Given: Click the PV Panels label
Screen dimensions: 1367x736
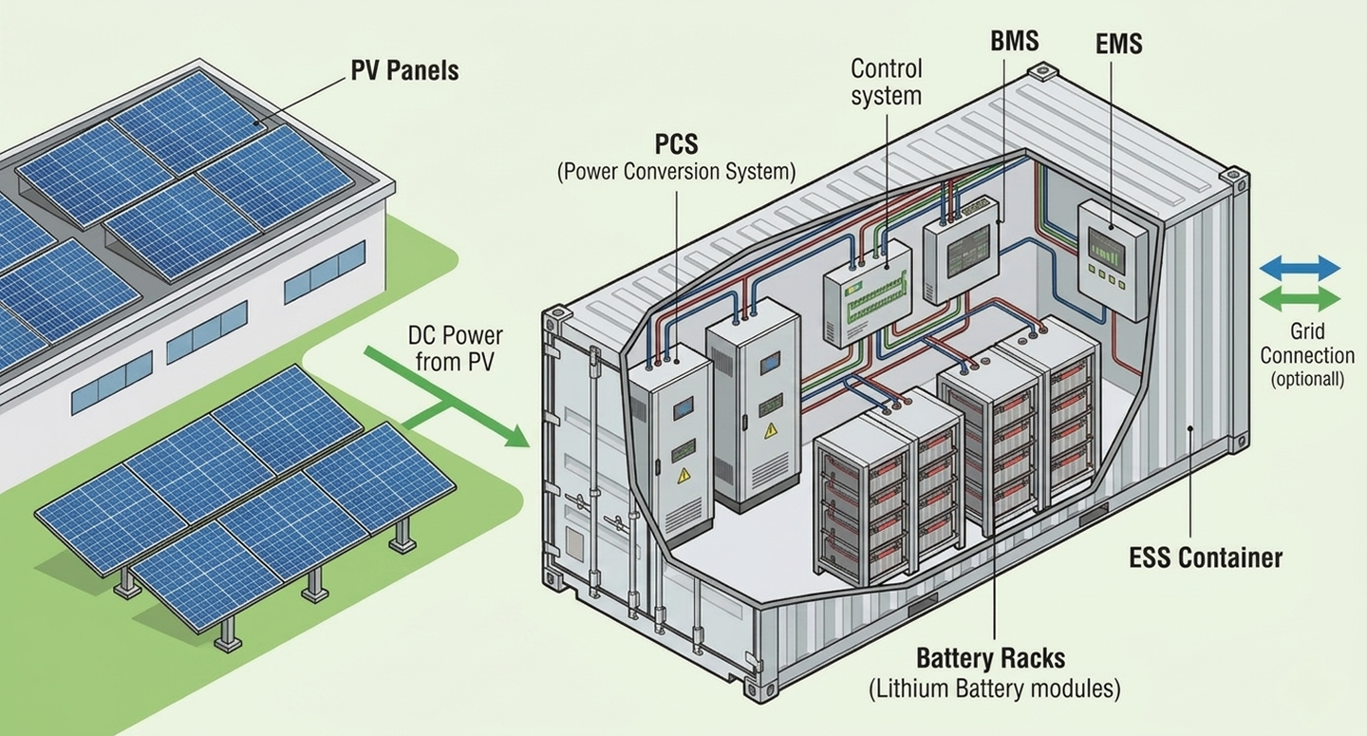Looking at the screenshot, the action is coord(404,71).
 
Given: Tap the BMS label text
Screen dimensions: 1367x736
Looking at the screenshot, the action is coord(1014,41).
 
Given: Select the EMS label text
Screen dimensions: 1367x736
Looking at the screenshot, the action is coord(1118,44).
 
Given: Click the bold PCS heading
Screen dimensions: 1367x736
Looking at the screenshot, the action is coord(676,144).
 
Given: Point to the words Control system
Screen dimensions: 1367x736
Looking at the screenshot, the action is coord(886,83).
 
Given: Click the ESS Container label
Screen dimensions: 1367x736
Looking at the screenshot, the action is coord(1206,557).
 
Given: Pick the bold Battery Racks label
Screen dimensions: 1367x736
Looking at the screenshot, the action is coord(990,658).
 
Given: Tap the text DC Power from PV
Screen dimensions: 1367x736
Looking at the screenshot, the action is coord(455,349).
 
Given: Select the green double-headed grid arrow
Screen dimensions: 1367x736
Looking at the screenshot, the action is coord(1300,299).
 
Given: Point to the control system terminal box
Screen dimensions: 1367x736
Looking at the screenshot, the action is coord(867,293).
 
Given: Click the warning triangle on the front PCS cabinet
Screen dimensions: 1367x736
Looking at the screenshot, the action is coord(684,475).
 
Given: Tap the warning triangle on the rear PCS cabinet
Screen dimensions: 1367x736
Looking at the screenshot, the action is coord(771,430).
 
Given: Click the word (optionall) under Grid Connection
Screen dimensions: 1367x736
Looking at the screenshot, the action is coord(1307,380).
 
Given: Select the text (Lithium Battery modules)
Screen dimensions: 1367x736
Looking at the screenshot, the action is coord(995,689).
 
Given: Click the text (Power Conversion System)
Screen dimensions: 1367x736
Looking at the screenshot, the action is coord(676,172).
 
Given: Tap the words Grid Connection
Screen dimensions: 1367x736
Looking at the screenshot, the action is coord(1307,343).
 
